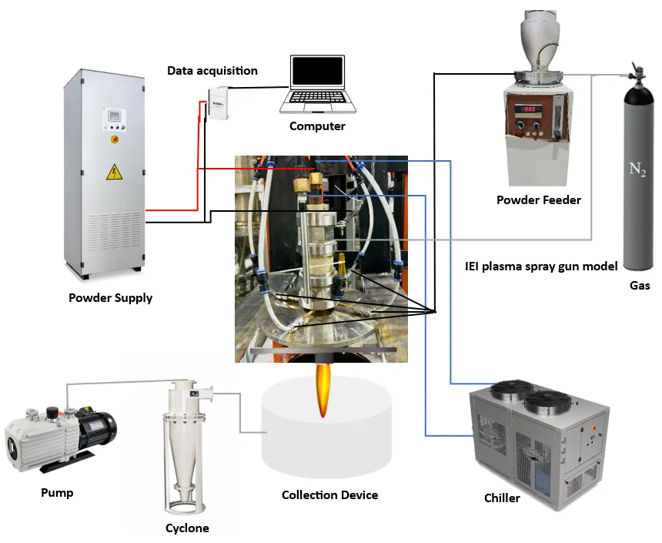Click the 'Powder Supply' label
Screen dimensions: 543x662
(110, 298)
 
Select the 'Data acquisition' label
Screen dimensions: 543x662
(212, 71)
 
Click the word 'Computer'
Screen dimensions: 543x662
(317, 126)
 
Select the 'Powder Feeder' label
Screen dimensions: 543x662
(539, 200)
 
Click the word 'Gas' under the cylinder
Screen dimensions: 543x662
(639, 286)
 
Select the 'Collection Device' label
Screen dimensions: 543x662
(329, 494)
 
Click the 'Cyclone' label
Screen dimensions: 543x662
(187, 528)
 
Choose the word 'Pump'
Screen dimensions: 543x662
(57, 492)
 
